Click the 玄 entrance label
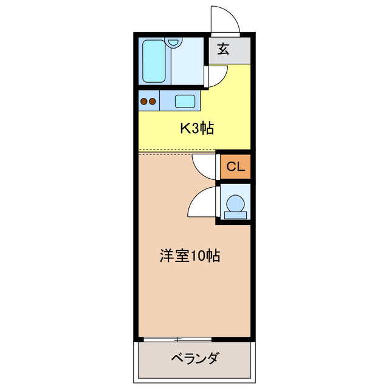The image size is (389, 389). (x=223, y=50)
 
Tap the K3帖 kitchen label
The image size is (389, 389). (x=195, y=128)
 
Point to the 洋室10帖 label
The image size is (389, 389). (x=189, y=255)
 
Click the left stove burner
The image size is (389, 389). (x=144, y=102)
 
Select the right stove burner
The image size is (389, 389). (x=153, y=102)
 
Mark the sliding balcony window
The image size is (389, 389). (x=176, y=337)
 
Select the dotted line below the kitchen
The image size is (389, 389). (x=176, y=150)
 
